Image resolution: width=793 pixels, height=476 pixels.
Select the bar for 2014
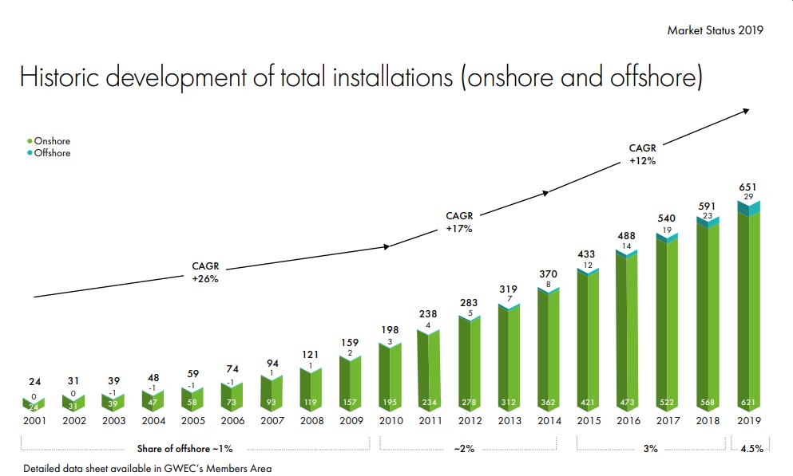pyautogui.click(x=549, y=351)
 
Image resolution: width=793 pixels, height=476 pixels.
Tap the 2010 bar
pyautogui.click(x=391, y=379)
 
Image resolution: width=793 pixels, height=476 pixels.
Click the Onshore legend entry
pyautogui.click(x=52, y=141)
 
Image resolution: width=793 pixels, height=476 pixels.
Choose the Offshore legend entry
pyautogui.click(x=52, y=153)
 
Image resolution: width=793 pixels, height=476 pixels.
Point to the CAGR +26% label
pyautogui.click(x=205, y=272)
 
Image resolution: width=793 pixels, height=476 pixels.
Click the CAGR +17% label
pyautogui.click(x=459, y=222)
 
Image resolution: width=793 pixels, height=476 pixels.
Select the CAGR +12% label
pyautogui.click(x=642, y=154)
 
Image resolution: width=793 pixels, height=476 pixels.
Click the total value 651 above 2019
pyautogui.click(x=748, y=187)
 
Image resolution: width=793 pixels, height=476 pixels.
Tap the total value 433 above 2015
pyautogui.click(x=588, y=254)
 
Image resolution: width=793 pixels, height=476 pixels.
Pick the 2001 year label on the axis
pyautogui.click(x=34, y=421)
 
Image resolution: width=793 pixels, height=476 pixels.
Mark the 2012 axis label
pyautogui.click(x=470, y=421)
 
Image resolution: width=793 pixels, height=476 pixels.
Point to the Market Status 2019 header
pyautogui.click(x=715, y=30)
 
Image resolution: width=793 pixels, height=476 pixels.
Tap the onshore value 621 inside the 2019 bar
pyautogui.click(x=747, y=403)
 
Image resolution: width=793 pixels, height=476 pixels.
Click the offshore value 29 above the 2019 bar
pyautogui.click(x=748, y=196)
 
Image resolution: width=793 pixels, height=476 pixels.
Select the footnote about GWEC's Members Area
pyautogui.click(x=147, y=468)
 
